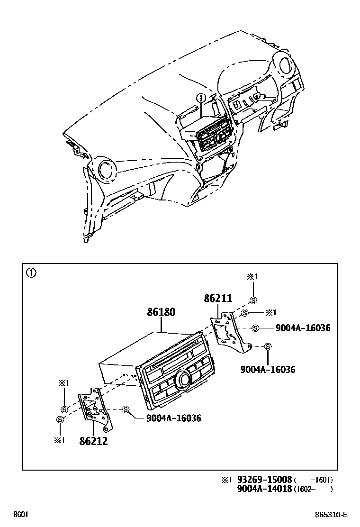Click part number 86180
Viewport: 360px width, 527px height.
[x=161, y=312]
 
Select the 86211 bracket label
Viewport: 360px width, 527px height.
[x=218, y=299]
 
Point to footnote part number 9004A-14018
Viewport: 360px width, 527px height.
[x=265, y=489]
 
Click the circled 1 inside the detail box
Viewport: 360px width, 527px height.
[x=31, y=273]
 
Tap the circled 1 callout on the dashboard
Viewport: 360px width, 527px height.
[x=201, y=99]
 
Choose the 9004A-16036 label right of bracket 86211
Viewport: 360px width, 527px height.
[x=303, y=328]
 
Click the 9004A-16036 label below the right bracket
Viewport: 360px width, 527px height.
[x=268, y=369]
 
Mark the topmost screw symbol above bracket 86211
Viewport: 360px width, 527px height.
[x=254, y=300]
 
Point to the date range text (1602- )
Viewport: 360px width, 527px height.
[x=313, y=489]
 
